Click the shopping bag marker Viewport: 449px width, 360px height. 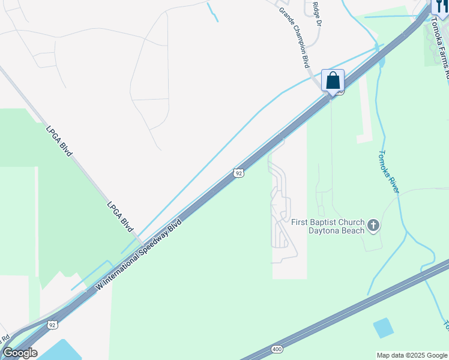click(x=333, y=80)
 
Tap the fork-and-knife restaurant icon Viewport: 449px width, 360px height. click(x=441, y=6)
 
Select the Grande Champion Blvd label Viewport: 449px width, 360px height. click(x=294, y=37)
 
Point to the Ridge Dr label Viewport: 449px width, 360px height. click(x=317, y=14)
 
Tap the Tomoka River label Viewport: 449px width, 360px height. click(x=389, y=171)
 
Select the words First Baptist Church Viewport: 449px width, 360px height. click(x=327, y=222)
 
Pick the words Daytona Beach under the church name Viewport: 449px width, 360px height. click(x=337, y=231)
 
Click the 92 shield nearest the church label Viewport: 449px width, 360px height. click(x=238, y=173)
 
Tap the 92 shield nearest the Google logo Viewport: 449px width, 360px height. click(x=52, y=325)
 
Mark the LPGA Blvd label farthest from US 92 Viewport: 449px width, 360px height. click(x=59, y=140)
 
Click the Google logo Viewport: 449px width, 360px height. click(x=20, y=353)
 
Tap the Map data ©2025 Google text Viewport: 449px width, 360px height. click(x=412, y=355)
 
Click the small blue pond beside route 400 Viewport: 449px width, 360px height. click(x=383, y=328)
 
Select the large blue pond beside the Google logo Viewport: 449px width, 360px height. click(x=60, y=350)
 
